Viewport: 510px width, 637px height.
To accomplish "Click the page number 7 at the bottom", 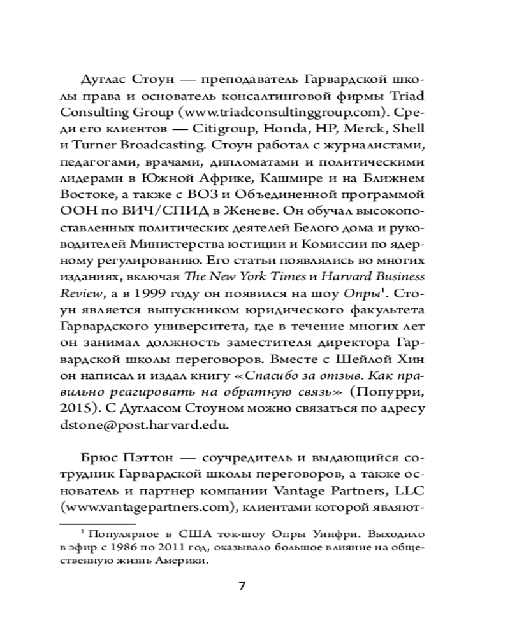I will click(242, 585).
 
